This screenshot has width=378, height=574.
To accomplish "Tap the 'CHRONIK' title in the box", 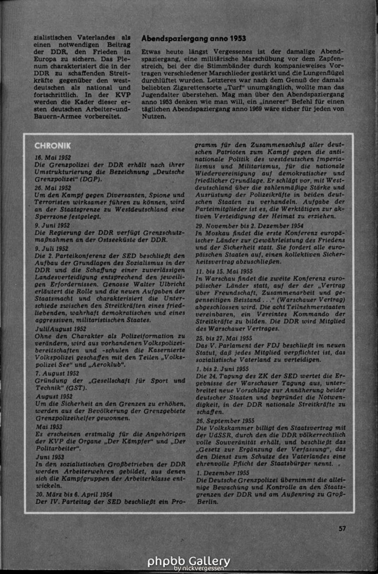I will (x=53, y=145).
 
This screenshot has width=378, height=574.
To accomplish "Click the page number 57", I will (x=342, y=529).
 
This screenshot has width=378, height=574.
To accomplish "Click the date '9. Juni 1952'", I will (x=52, y=225).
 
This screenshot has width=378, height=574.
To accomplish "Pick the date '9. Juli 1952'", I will (x=52, y=249).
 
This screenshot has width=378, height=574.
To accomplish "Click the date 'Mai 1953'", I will (x=49, y=427).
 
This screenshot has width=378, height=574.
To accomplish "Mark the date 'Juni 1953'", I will (x=50, y=457).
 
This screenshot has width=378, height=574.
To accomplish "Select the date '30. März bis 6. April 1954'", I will (x=74, y=494).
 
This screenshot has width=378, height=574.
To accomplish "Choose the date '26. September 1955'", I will (x=225, y=420).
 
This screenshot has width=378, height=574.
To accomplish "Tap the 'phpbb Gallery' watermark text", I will (x=188, y=561).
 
